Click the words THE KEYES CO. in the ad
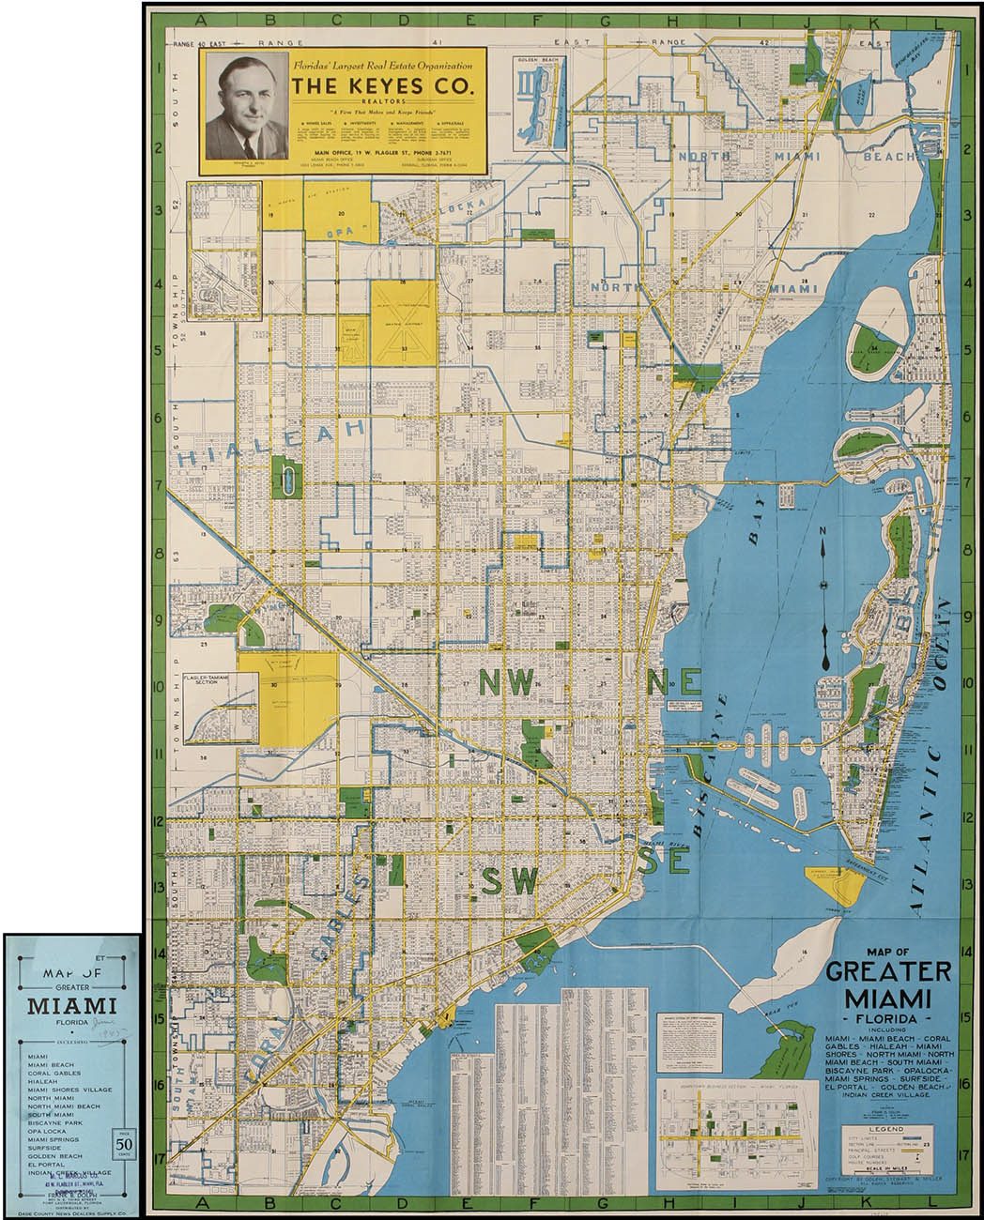tap(383, 87)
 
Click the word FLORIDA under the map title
tap(875, 1017)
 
